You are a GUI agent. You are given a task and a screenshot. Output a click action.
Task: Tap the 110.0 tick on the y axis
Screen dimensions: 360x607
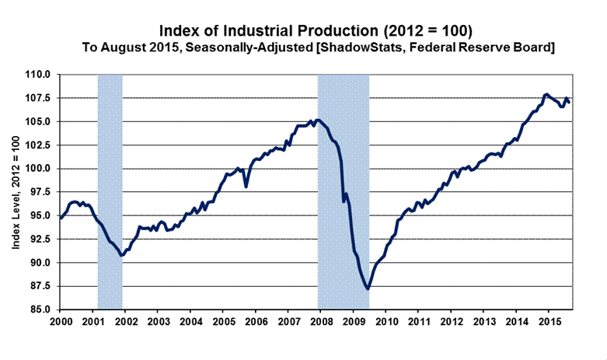40,75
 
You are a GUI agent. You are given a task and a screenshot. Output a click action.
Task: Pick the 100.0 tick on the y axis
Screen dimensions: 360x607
40,169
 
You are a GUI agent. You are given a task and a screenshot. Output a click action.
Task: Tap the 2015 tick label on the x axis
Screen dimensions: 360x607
549,320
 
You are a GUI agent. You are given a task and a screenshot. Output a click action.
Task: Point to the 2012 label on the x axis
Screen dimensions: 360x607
452,320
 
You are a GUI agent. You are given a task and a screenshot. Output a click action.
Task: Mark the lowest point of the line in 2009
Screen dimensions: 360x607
367,288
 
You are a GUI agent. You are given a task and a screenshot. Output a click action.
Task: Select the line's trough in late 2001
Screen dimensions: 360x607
121,255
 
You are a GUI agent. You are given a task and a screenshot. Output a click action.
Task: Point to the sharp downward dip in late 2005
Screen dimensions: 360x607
246,187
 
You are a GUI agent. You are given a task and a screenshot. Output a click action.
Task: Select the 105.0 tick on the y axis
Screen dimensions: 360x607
40,122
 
